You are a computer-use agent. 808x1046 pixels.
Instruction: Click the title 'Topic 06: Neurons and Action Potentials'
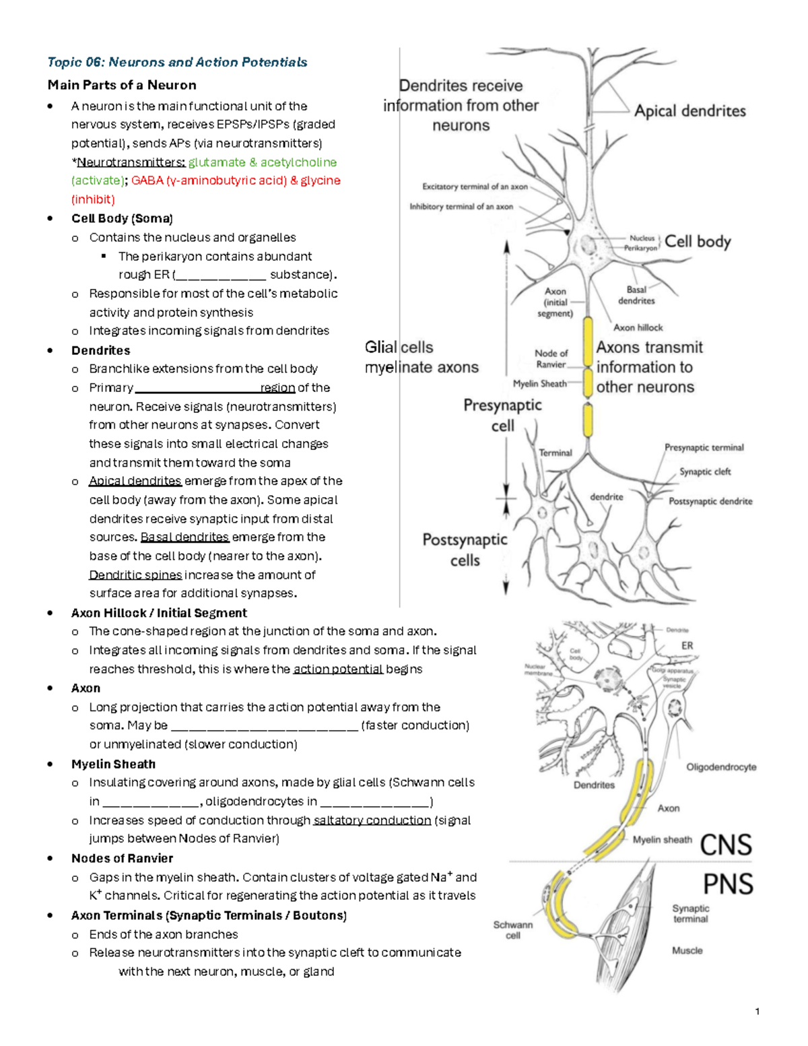pyautogui.click(x=177, y=63)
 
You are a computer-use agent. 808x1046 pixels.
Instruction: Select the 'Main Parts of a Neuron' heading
pyautogui.click(x=122, y=85)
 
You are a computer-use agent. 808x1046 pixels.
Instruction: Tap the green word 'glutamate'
pyautogui.click(x=217, y=162)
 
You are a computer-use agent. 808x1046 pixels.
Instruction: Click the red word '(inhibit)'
pyautogui.click(x=93, y=199)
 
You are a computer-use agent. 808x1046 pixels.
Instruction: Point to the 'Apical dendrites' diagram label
pyautogui.click(x=689, y=111)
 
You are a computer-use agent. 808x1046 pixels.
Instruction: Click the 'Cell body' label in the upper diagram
pyautogui.click(x=697, y=241)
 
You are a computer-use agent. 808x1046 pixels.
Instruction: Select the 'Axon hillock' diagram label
pyautogui.click(x=638, y=327)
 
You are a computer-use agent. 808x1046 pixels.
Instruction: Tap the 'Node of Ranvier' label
pyautogui.click(x=551, y=358)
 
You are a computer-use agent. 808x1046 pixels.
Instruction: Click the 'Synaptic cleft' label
pyautogui.click(x=704, y=471)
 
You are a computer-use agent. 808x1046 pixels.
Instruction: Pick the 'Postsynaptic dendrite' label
pyautogui.click(x=710, y=501)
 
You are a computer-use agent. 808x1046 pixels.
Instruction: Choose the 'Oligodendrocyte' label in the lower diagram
pyautogui.click(x=720, y=767)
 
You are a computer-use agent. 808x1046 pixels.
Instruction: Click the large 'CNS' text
pyautogui.click(x=725, y=845)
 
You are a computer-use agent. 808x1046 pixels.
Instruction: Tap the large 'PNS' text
pyautogui.click(x=727, y=884)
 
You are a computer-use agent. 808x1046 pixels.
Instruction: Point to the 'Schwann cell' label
pyautogui.click(x=512, y=930)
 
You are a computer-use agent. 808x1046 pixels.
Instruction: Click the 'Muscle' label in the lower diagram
pyautogui.click(x=687, y=950)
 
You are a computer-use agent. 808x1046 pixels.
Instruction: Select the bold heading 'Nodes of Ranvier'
pyautogui.click(x=122, y=858)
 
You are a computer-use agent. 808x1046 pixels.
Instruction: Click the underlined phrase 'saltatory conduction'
pyautogui.click(x=372, y=820)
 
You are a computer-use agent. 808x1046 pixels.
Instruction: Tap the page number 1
pyautogui.click(x=757, y=1011)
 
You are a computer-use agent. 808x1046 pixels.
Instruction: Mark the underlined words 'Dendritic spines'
pyautogui.click(x=135, y=575)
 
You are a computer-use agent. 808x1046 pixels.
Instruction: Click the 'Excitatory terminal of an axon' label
pyautogui.click(x=475, y=187)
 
